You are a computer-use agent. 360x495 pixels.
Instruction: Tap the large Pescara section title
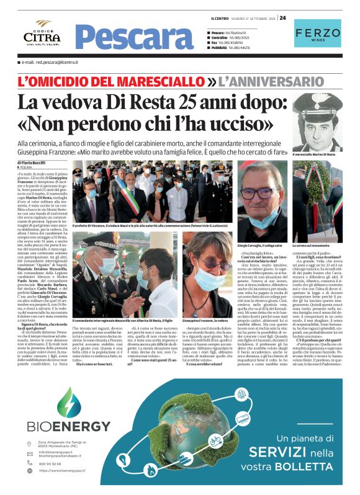tap(135, 37)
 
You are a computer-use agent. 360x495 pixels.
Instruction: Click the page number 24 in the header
tap(283, 17)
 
